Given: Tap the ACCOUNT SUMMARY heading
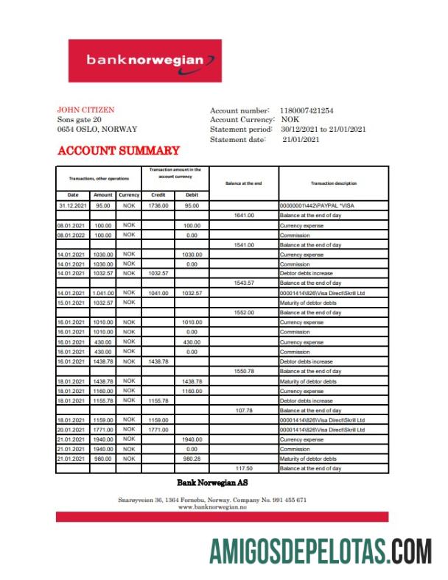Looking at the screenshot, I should pyautogui.click(x=118, y=151).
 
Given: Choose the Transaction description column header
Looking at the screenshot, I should pyautogui.click(x=333, y=183).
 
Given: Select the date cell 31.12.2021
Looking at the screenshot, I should pyautogui.click(x=73, y=205).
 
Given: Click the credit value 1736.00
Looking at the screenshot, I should pyautogui.click(x=158, y=205).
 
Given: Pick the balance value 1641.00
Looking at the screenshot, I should pyautogui.click(x=244, y=216).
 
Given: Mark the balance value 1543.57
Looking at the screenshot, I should pyautogui.click(x=244, y=283).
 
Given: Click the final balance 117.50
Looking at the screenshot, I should pyautogui.click(x=244, y=468).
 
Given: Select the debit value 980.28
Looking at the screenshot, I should pyautogui.click(x=192, y=459).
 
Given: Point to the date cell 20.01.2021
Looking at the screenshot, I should pyautogui.click(x=73, y=429).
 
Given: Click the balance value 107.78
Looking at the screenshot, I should pyautogui.click(x=244, y=410).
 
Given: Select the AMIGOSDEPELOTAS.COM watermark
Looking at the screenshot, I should pyautogui.click(x=321, y=551).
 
